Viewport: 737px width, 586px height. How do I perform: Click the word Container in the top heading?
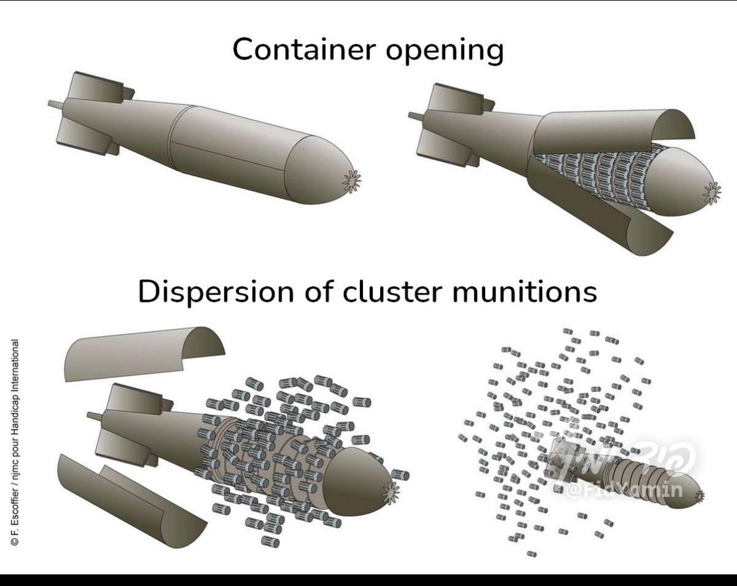coord(304,49)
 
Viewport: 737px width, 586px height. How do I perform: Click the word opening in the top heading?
coord(444,50)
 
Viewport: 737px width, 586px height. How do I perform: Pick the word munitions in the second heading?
coord(524,291)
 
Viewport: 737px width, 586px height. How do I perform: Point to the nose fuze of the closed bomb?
coord(353,182)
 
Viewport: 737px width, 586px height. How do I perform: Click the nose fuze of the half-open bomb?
coord(712,193)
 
